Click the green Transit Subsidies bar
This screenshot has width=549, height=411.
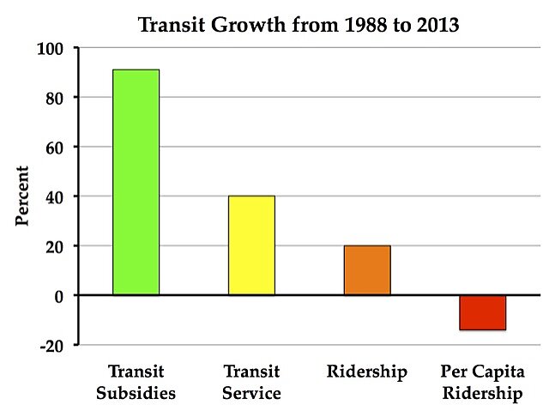pyautogui.click(x=136, y=182)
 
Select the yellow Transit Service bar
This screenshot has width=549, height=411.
pyautogui.click(x=251, y=245)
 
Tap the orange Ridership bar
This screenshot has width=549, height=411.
pyautogui.click(x=367, y=270)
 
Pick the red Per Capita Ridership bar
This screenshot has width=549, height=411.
pyautogui.click(x=482, y=312)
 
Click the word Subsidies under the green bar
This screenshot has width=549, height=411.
pyautogui.click(x=136, y=395)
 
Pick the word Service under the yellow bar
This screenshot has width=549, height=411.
pyautogui.click(x=251, y=395)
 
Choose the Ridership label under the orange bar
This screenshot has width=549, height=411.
pyautogui.click(x=366, y=373)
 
